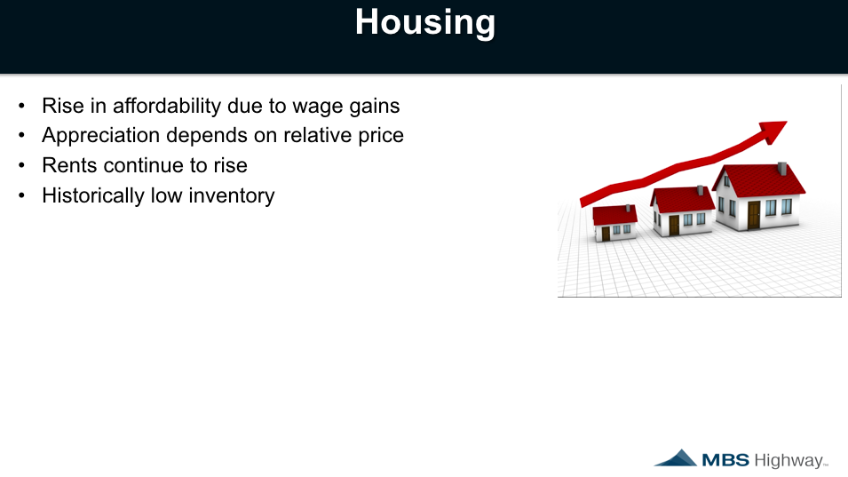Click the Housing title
coord(425,23)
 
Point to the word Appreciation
coord(100,136)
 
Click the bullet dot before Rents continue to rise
coord(21,165)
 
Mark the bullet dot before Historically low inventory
coord(21,195)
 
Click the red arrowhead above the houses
coord(773,131)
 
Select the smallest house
coord(614,223)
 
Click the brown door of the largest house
coord(754,215)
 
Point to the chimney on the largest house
coord(782,168)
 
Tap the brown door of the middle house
coord(674,225)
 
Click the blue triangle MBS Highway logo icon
coord(676,458)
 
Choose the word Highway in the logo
coord(789,461)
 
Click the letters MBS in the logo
coord(725,460)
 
